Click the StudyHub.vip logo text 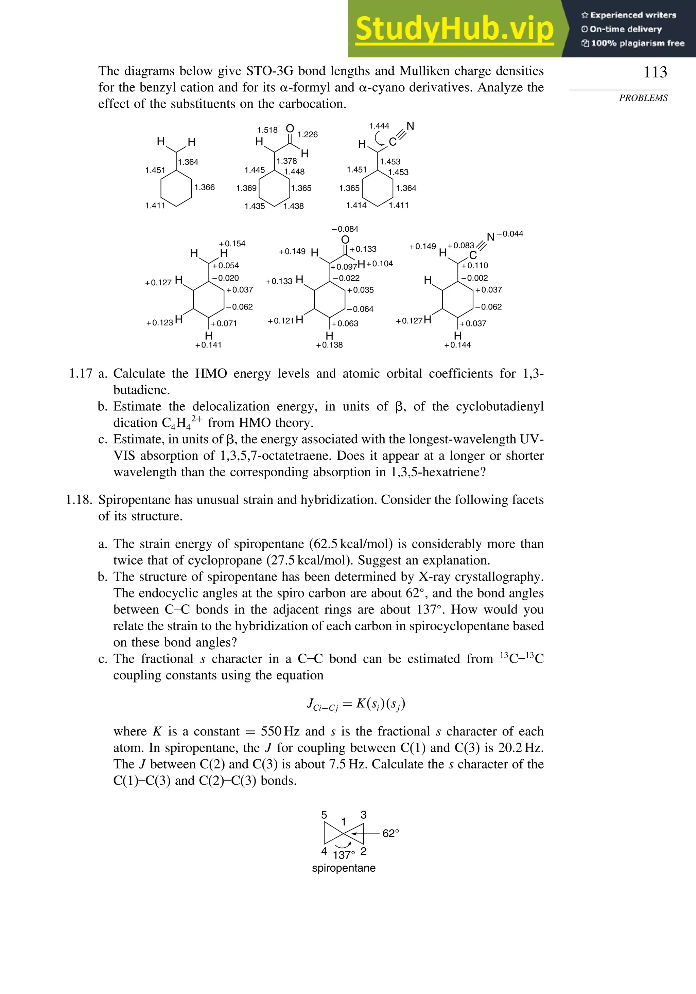click(454, 29)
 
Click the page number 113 click(655, 72)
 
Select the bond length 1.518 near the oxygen click(267, 130)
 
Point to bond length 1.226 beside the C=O click(308, 135)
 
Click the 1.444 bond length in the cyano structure click(379, 126)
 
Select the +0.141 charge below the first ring click(208, 345)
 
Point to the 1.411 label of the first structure click(155, 206)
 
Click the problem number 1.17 click(81, 374)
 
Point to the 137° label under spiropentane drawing click(344, 855)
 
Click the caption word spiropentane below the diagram click(344, 868)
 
